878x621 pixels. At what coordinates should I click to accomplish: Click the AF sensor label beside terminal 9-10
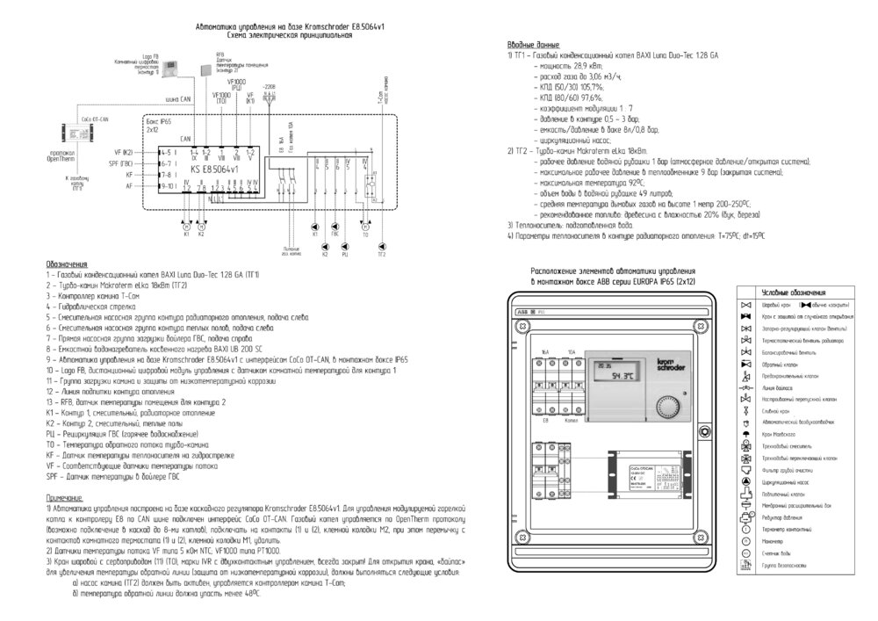[129, 185]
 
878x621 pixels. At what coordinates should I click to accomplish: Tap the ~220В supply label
[270, 87]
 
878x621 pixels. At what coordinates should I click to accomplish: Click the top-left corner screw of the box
[521, 325]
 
